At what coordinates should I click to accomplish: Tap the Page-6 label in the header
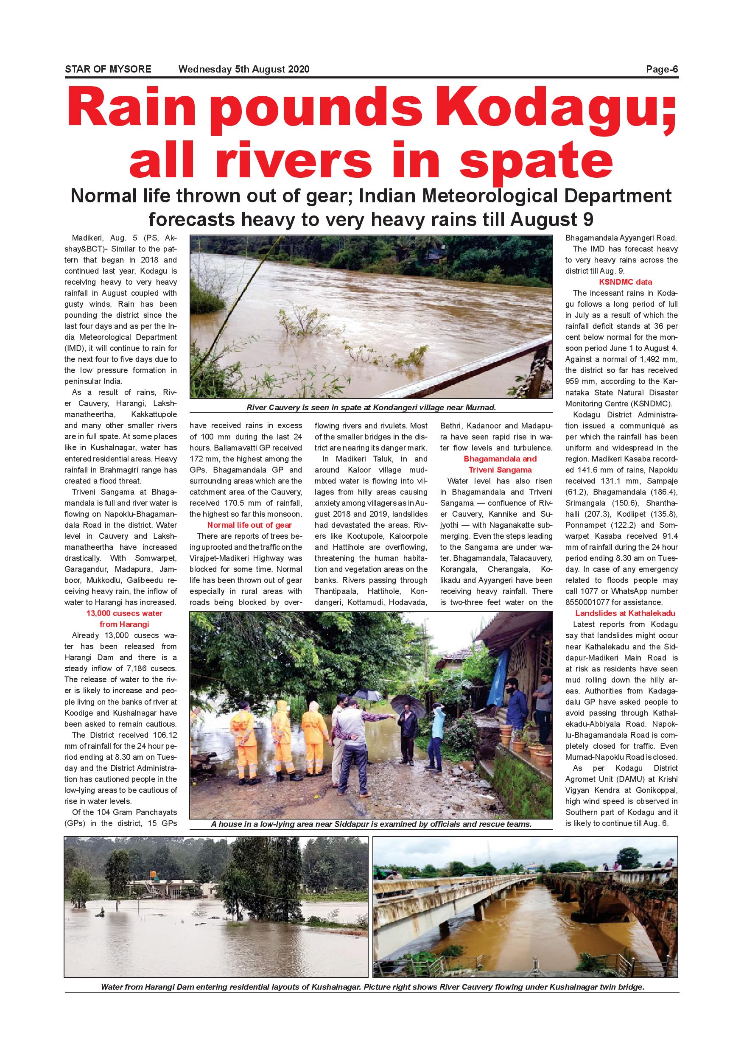tap(662, 70)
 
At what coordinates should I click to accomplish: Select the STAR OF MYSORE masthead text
tap(108, 70)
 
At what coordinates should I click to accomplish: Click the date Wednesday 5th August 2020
tap(244, 70)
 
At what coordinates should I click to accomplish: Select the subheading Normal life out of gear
tap(249, 525)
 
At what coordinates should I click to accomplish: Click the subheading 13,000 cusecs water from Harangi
tap(124, 618)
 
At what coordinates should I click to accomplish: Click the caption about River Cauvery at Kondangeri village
tap(371, 407)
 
